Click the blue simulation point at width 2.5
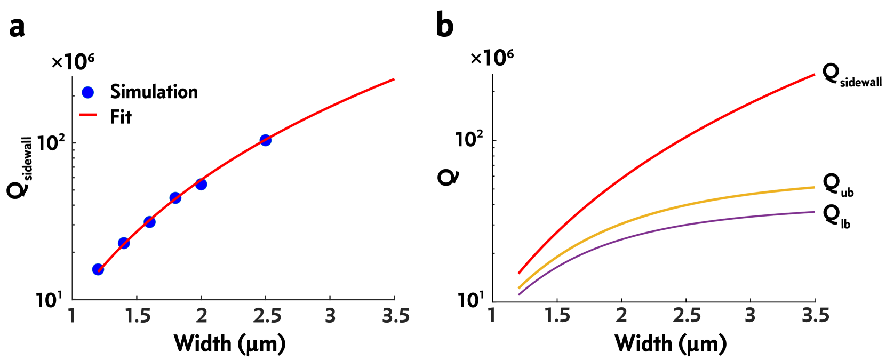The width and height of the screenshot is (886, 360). click(265, 140)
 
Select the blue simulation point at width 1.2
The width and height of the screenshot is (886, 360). click(98, 269)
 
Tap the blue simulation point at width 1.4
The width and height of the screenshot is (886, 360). click(124, 243)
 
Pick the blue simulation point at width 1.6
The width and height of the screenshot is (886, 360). click(149, 222)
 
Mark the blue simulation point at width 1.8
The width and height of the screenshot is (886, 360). click(175, 198)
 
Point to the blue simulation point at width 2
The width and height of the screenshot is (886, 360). click(201, 185)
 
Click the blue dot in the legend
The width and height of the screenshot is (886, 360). click(88, 93)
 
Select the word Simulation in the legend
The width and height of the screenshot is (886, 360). click(154, 92)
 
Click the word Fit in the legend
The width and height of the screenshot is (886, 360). click(121, 117)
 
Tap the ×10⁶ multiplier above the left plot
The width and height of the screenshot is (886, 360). click(73, 62)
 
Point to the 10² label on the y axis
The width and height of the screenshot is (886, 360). click(51, 143)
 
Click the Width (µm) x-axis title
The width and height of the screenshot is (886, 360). click(229, 343)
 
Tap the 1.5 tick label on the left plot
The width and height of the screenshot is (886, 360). click(138, 316)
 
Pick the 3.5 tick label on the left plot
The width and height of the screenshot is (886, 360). click(395, 316)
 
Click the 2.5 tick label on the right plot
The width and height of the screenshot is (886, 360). click(687, 315)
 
